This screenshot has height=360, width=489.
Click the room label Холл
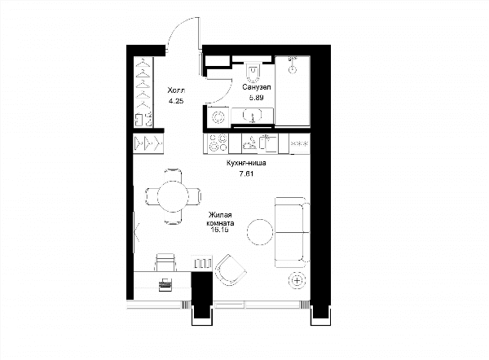coord(176,90)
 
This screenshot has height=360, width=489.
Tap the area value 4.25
coord(176,101)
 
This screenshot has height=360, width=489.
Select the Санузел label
coord(257,87)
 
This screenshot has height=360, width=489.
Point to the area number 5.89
coord(256,98)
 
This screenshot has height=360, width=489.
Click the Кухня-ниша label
coord(246,163)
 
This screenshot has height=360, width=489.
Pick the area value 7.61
coord(246,173)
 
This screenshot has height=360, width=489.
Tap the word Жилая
coord(220,215)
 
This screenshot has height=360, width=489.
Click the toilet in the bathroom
coord(253,71)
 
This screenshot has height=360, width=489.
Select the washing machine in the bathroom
coord(218,117)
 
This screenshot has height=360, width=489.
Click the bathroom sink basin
coord(253,115)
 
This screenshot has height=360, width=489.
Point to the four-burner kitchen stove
coord(218,143)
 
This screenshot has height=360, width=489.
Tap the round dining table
coord(173,196)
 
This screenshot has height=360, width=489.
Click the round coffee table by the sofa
coord(260,232)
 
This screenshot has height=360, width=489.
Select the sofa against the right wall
coord(293,232)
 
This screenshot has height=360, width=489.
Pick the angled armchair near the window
coord(230,270)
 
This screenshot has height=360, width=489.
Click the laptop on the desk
coord(165,284)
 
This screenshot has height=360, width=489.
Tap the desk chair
coord(165,262)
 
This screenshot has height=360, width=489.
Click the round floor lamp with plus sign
coord(297,281)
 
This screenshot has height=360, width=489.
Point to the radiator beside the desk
coord(203,264)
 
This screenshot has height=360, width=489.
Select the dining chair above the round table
coord(173,174)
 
